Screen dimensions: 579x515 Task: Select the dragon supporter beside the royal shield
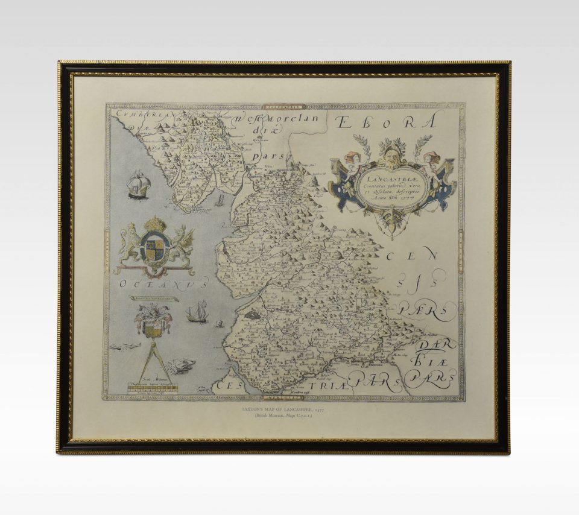pyautogui.click(x=182, y=244)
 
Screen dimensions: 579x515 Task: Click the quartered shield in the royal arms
pyautogui.click(x=155, y=247)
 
